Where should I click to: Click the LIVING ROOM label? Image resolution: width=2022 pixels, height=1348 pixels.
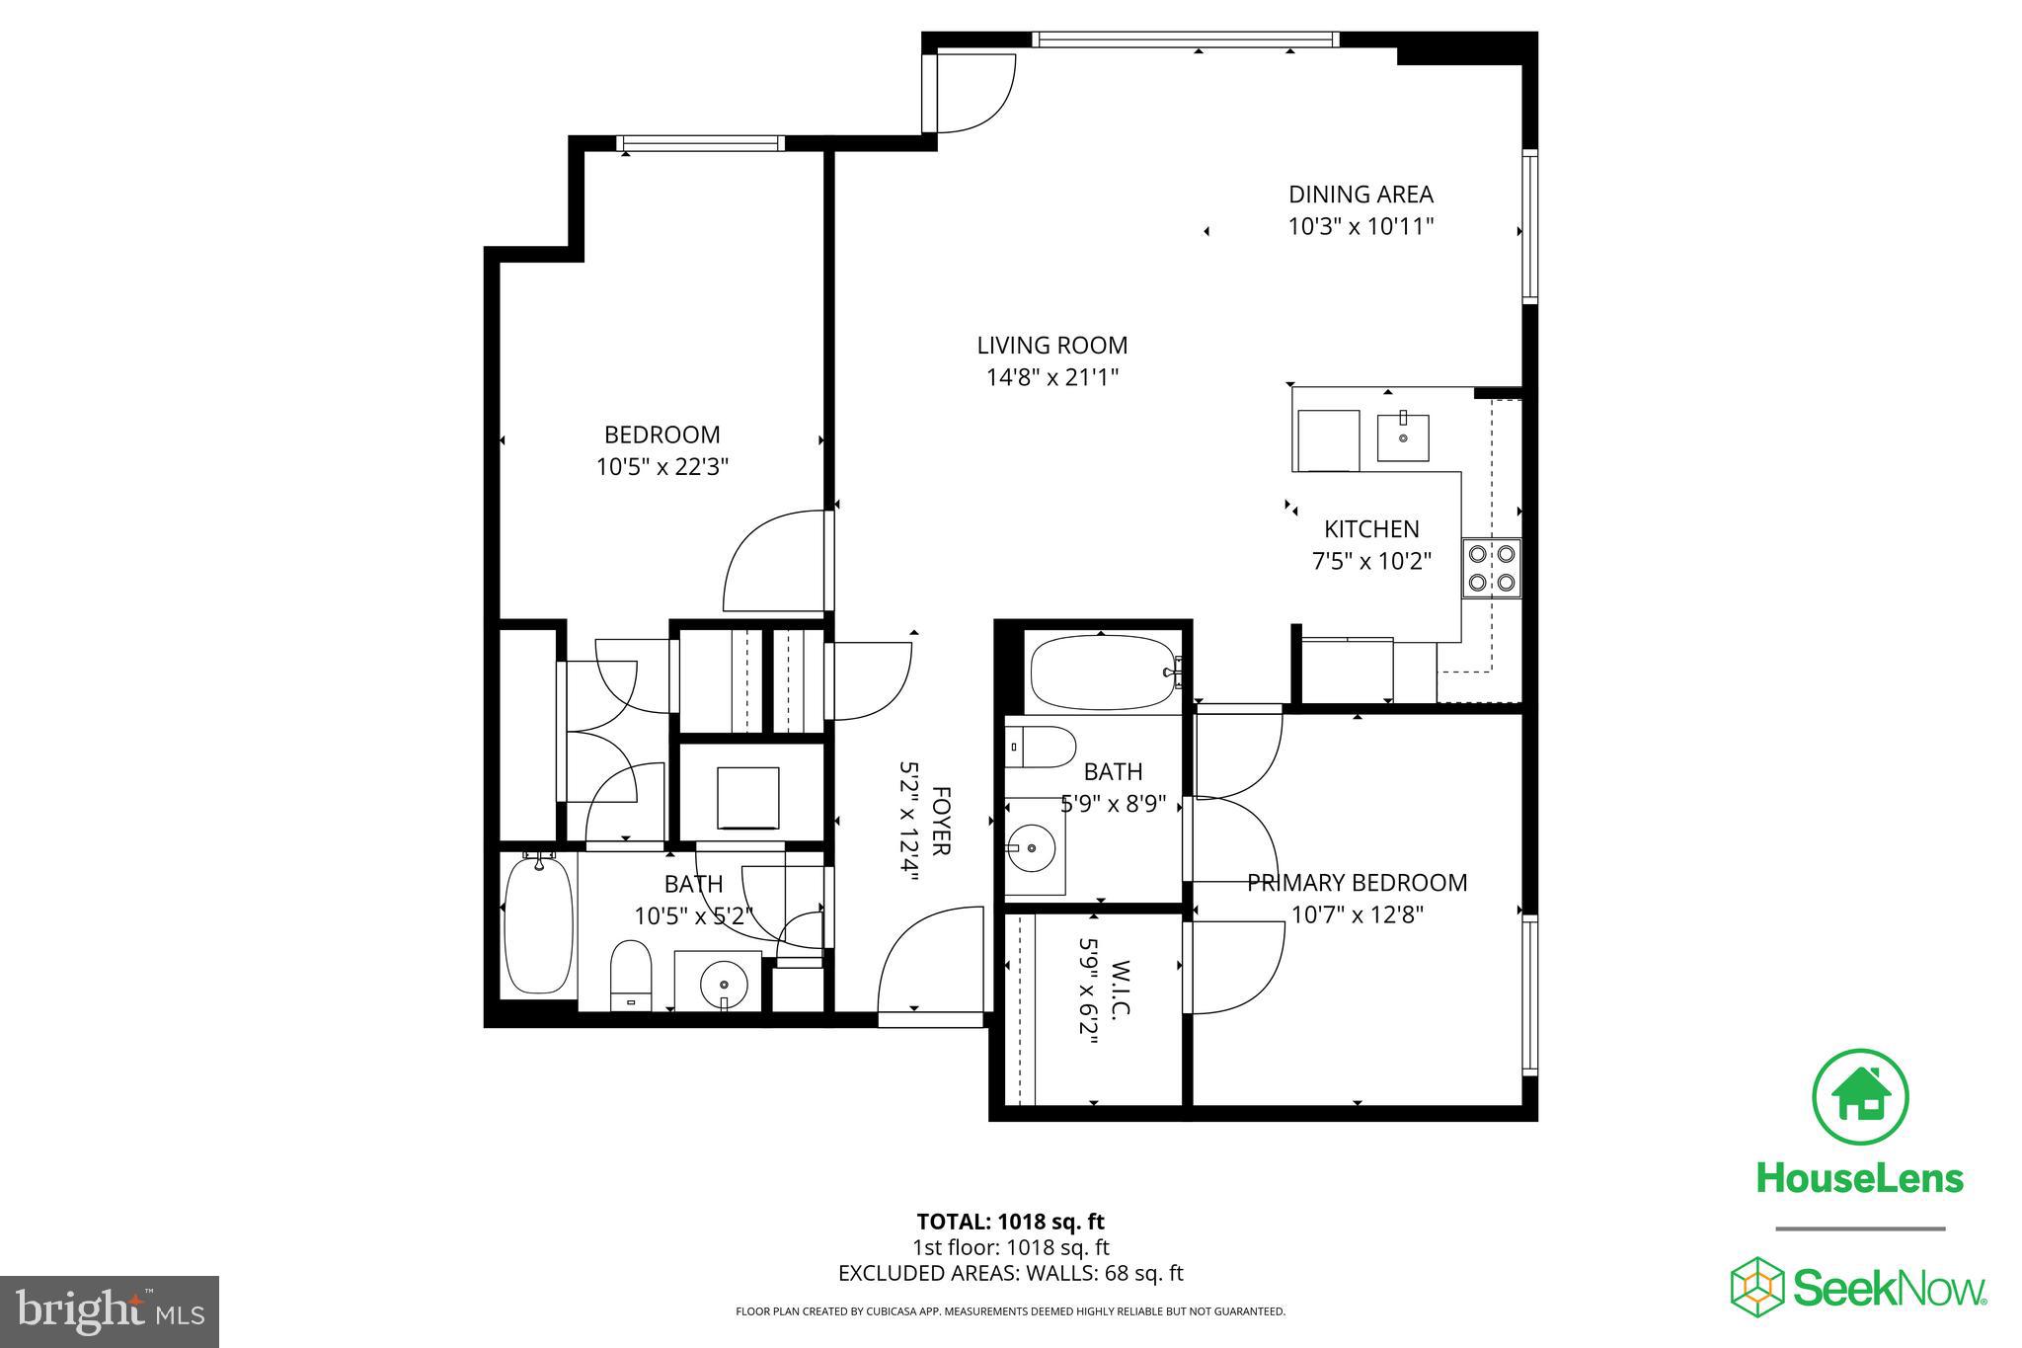(1051, 346)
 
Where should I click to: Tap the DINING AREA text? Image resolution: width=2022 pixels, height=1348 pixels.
(1360, 195)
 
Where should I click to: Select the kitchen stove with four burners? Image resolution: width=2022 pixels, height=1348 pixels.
(1491, 568)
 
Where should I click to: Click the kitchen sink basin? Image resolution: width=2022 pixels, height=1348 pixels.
(1403, 437)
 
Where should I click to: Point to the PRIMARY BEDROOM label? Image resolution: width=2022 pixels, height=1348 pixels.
(1357, 883)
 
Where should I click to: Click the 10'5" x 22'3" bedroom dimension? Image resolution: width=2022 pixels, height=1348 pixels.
(661, 467)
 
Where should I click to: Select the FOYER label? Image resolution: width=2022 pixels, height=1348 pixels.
(941, 821)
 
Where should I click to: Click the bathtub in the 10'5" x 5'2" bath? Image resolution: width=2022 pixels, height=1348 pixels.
(538, 925)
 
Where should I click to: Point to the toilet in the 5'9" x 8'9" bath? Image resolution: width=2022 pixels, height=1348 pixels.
(1040, 748)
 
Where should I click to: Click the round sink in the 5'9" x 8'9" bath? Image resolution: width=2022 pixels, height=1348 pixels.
(1033, 847)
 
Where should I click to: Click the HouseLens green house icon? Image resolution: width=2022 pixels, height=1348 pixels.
(1860, 1097)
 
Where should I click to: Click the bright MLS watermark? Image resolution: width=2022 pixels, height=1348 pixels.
(110, 1311)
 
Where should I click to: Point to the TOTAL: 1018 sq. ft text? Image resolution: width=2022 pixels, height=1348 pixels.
(1010, 1222)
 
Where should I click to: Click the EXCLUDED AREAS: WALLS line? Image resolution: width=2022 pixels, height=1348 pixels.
(1010, 1273)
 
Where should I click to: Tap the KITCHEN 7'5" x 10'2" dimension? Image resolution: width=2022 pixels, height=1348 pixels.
(1370, 562)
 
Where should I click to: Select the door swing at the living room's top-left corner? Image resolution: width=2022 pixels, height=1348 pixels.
(972, 94)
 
